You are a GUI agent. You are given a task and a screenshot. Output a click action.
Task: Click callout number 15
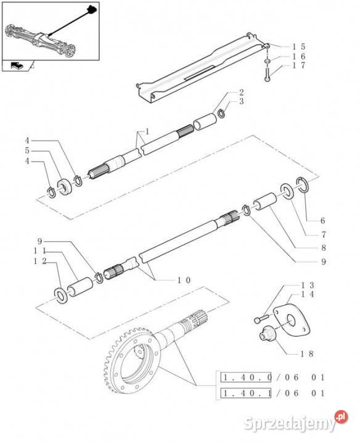click(298, 47)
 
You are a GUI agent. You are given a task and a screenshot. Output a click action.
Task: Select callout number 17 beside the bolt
click(298, 65)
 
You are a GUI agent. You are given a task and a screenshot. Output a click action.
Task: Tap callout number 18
click(306, 354)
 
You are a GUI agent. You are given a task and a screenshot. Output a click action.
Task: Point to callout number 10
click(184, 281)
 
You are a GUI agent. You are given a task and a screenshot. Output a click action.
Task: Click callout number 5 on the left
click(27, 150)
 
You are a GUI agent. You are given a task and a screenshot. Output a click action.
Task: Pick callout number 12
click(40, 261)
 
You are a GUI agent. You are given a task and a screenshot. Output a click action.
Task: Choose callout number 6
click(322, 221)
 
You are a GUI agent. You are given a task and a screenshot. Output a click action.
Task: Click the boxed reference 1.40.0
click(246, 377)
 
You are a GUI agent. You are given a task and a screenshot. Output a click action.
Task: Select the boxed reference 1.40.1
click(246, 393)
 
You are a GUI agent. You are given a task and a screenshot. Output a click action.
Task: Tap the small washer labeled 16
click(267, 61)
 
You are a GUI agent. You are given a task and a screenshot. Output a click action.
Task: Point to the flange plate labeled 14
click(292, 321)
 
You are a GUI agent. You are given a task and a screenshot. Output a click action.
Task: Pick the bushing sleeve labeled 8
click(265, 201)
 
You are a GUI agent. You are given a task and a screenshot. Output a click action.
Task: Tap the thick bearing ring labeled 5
click(65, 187)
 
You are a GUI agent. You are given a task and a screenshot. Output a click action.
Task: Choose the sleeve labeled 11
click(80, 287)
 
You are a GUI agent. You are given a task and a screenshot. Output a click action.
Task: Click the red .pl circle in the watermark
click(341, 417)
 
